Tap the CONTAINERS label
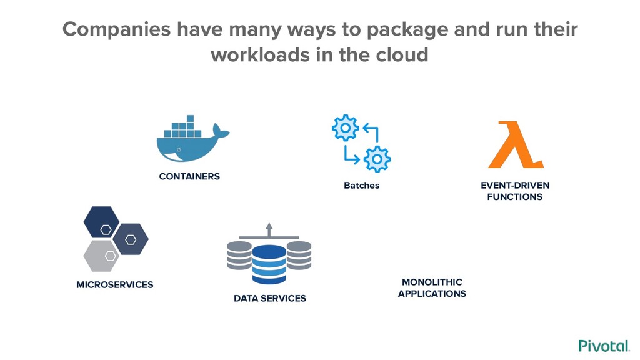[x=189, y=176]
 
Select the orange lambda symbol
[x=516, y=146]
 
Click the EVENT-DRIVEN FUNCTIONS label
[x=515, y=191]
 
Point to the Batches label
[x=361, y=186]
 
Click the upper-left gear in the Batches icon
[x=345, y=127]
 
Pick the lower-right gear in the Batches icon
[x=377, y=158]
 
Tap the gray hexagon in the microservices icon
[x=101, y=254]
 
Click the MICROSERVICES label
[x=114, y=285]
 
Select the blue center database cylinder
[x=269, y=264]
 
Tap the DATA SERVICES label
[x=270, y=299]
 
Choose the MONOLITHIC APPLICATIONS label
[x=432, y=288]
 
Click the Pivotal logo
[x=603, y=346]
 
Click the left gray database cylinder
[x=240, y=254]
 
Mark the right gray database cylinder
[x=299, y=254]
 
